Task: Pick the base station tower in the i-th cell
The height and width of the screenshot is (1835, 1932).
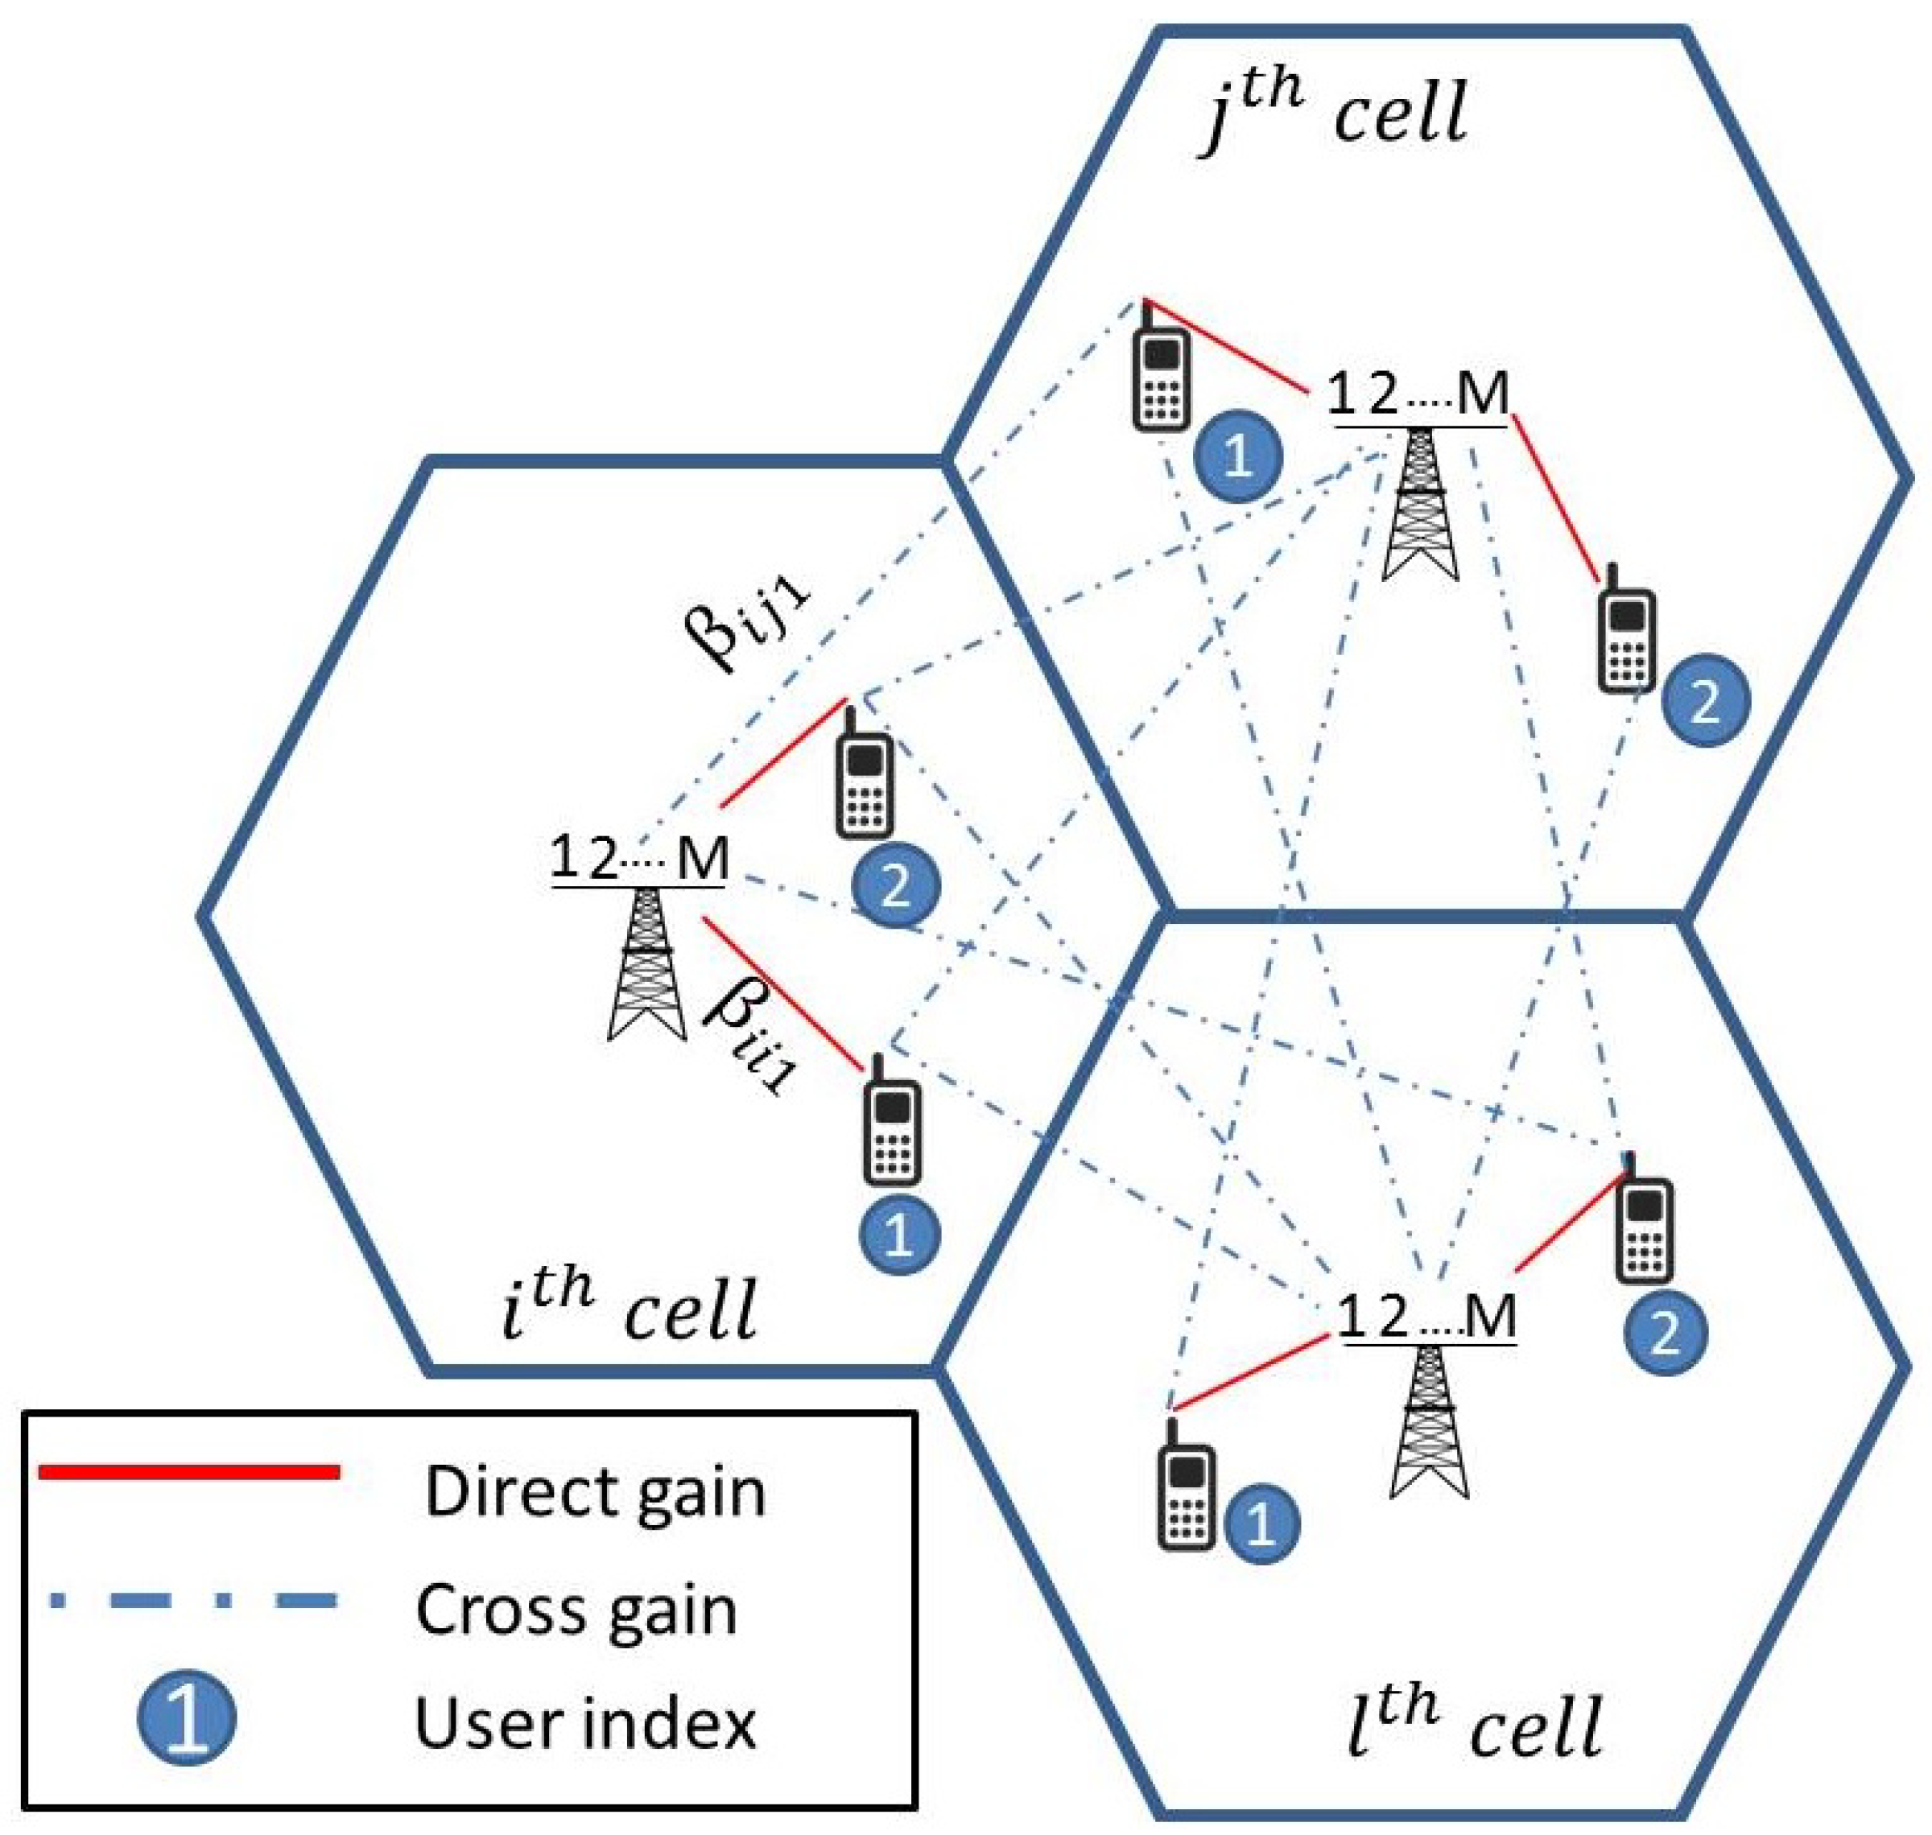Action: coord(646,963)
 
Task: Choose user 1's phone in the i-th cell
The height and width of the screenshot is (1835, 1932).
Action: coord(891,1123)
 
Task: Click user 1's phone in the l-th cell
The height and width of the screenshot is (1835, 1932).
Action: coord(1187,1485)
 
